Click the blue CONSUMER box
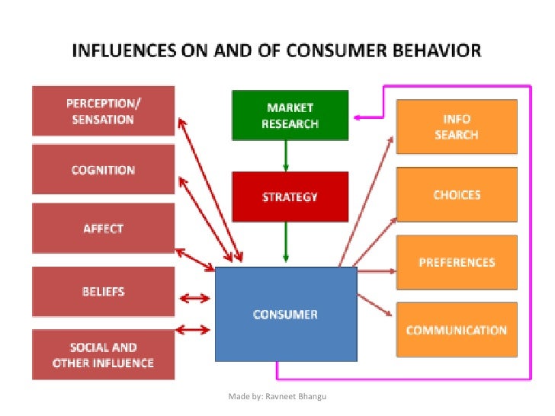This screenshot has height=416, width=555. (x=286, y=314)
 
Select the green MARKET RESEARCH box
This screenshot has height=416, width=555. (x=290, y=115)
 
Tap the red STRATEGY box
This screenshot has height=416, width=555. (x=290, y=197)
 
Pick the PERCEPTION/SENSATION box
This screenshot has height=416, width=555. (x=103, y=112)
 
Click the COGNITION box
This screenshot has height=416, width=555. (x=103, y=171)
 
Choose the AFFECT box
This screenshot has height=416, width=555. (x=103, y=229)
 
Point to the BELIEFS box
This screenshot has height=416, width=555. (x=103, y=291)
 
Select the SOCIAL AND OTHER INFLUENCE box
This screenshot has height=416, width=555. (x=103, y=355)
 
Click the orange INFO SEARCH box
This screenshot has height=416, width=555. (x=456, y=127)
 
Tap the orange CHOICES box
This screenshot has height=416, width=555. (x=456, y=195)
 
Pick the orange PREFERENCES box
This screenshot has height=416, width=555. (x=456, y=263)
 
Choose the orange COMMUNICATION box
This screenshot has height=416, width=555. (x=456, y=330)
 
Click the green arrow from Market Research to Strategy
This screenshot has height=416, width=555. (x=287, y=156)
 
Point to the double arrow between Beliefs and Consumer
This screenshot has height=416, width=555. (x=194, y=299)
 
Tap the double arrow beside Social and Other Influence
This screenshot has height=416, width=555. (x=194, y=329)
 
